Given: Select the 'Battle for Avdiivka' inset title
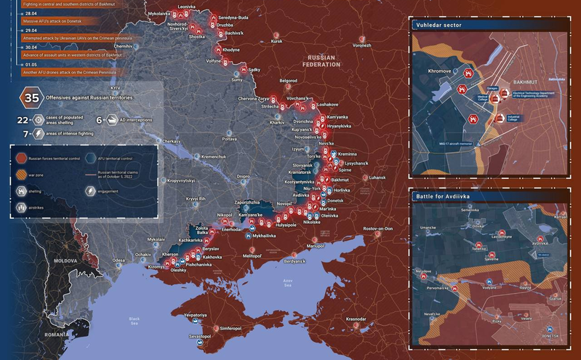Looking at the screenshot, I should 444,196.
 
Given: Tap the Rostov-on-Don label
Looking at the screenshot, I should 368,229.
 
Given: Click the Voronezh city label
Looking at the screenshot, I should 361,45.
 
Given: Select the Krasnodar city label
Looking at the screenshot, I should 356,319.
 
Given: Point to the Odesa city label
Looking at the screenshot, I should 119,260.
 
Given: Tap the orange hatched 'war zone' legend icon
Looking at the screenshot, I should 22,174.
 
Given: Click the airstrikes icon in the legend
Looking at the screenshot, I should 22,207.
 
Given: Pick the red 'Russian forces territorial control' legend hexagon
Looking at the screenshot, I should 22,158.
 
